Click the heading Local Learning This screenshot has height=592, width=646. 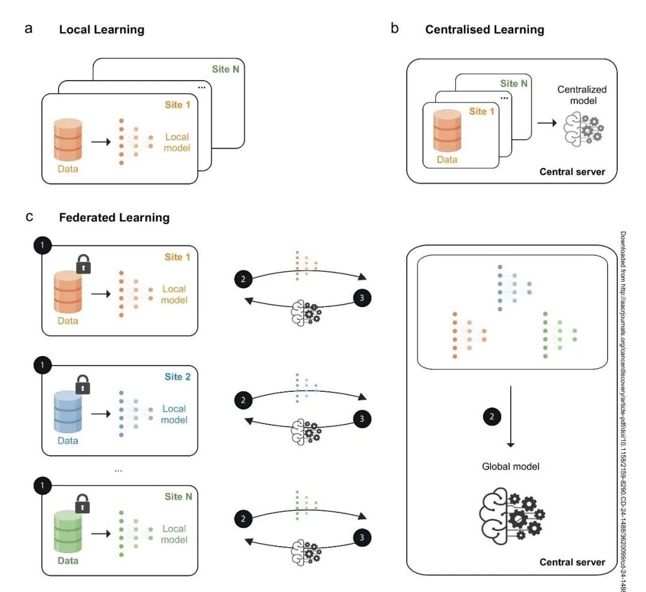(x=102, y=29)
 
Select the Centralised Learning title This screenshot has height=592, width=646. (x=484, y=29)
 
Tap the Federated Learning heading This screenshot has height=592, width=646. (x=114, y=218)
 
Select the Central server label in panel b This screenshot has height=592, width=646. (x=572, y=172)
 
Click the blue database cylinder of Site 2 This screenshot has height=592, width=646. (x=67, y=412)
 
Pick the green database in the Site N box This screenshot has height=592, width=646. (x=67, y=531)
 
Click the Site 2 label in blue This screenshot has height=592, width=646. (x=178, y=377)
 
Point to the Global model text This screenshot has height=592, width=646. (x=511, y=466)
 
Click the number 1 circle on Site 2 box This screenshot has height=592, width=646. (x=42, y=364)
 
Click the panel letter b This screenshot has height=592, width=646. (x=394, y=28)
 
